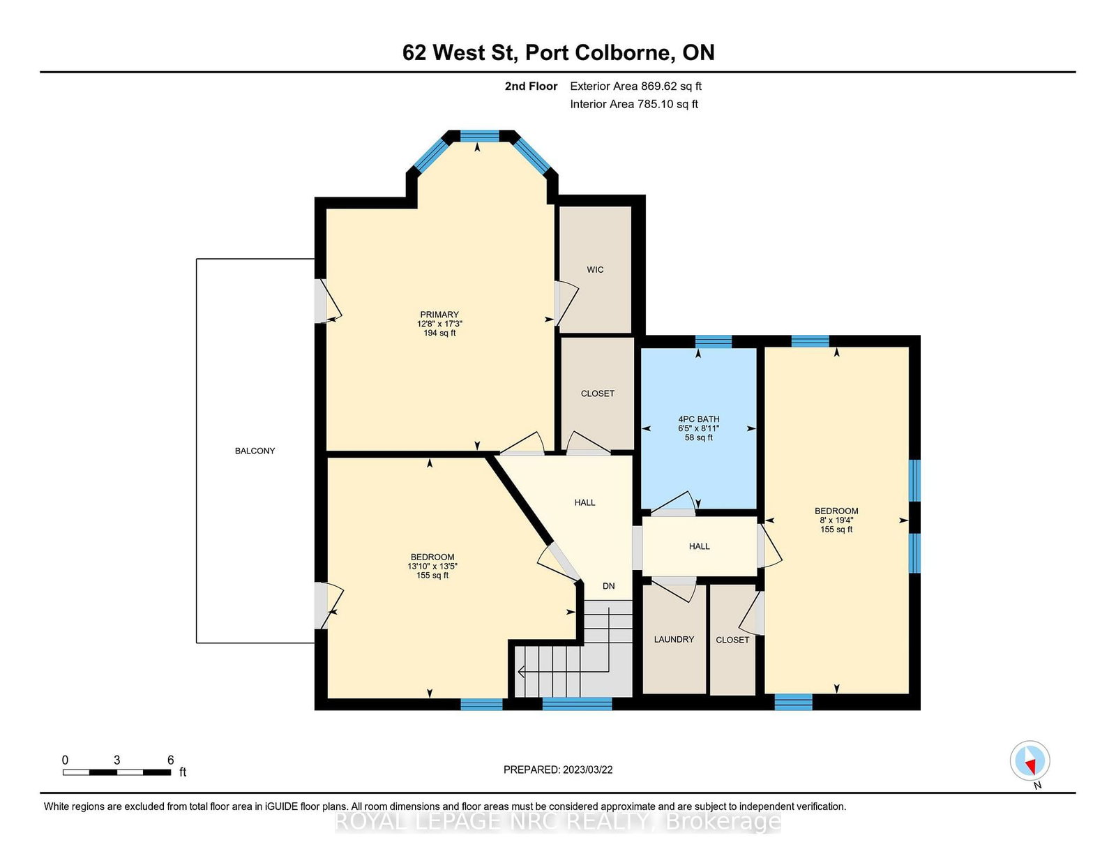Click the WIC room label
[595, 270]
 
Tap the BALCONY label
[255, 451]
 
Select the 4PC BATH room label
[698, 419]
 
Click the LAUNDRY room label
[674, 640]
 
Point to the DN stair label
[609, 586]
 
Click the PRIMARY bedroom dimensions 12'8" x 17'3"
[439, 324]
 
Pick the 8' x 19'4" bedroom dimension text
[836, 520]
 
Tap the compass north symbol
[1030, 761]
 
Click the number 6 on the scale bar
[170, 760]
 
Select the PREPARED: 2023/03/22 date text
[558, 770]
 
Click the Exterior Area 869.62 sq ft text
[635, 87]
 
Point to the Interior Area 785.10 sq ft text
[634, 105]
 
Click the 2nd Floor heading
[531, 87]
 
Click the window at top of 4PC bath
[713, 341]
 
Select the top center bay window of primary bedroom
[480, 135]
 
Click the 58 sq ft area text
[698, 438]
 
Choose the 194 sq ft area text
[439, 333]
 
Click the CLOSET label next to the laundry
[732, 640]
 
